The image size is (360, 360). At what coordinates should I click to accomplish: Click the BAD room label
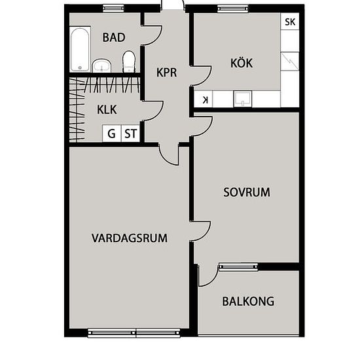[x=114, y=37]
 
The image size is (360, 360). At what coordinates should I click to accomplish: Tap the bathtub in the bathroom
[x=80, y=49]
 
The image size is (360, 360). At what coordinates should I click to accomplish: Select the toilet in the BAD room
[x=128, y=62]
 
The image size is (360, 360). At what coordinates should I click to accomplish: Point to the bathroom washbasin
[x=101, y=65]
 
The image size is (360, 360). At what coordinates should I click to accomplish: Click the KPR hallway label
[x=167, y=72]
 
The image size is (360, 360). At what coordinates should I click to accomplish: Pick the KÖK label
[x=242, y=63]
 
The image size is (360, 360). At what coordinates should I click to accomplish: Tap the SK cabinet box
[x=290, y=22]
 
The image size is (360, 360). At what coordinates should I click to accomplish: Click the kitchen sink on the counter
[x=243, y=99]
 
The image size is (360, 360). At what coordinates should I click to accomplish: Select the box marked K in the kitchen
[x=204, y=99]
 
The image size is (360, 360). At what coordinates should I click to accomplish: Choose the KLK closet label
[x=107, y=110]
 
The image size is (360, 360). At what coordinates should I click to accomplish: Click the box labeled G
[x=111, y=134]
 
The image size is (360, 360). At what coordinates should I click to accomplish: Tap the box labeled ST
[x=130, y=134]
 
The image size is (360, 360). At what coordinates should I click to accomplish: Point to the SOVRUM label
[x=247, y=192]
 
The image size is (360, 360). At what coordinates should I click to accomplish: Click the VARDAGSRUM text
[x=130, y=238]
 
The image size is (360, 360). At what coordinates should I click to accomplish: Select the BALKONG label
[x=248, y=301]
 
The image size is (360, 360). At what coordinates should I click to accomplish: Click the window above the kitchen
[x=233, y=9]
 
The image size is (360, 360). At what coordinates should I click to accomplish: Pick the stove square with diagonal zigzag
[x=290, y=61]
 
